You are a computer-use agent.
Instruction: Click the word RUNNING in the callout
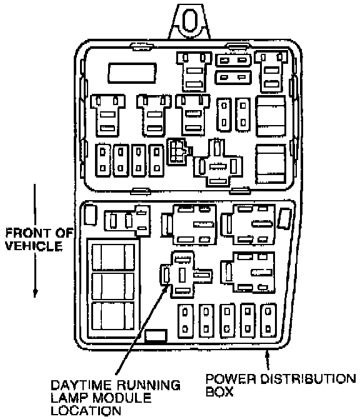(x=149, y=385)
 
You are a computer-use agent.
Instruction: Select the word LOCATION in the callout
(x=86, y=411)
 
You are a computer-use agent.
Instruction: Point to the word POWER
(x=231, y=378)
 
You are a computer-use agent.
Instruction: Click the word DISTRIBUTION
(x=308, y=378)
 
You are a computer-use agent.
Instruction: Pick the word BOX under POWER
(x=219, y=391)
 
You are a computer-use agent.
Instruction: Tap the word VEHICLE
(x=34, y=246)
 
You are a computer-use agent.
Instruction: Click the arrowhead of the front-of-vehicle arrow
(x=35, y=293)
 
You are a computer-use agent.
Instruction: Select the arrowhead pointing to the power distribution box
(x=266, y=354)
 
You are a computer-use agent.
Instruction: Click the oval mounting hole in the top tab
(x=190, y=20)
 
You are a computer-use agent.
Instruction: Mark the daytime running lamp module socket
(x=186, y=275)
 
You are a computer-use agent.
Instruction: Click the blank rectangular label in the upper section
(x=132, y=73)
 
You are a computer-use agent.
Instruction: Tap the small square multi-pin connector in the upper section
(x=177, y=151)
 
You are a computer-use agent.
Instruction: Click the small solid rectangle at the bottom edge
(x=156, y=336)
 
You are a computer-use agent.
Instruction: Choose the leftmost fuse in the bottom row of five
(x=185, y=320)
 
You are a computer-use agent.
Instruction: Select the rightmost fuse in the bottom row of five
(x=268, y=320)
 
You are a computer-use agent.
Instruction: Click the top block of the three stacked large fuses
(x=112, y=256)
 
